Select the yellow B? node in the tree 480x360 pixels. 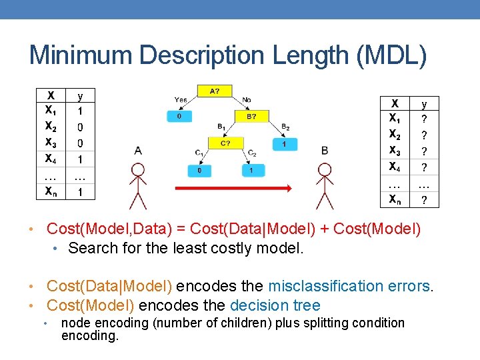coord(251,116)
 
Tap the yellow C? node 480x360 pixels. coord(225,143)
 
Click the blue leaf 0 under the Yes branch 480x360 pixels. coord(179,116)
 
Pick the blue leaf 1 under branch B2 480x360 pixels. coord(285,143)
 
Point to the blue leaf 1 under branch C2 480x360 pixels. coord(251,171)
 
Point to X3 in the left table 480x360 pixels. coord(51,143)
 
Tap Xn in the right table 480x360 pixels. coord(395,199)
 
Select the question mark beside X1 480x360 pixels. coord(424,119)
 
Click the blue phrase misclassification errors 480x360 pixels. coord(349,287)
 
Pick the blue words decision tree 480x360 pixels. coord(275,305)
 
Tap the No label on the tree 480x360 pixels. coord(246,100)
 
